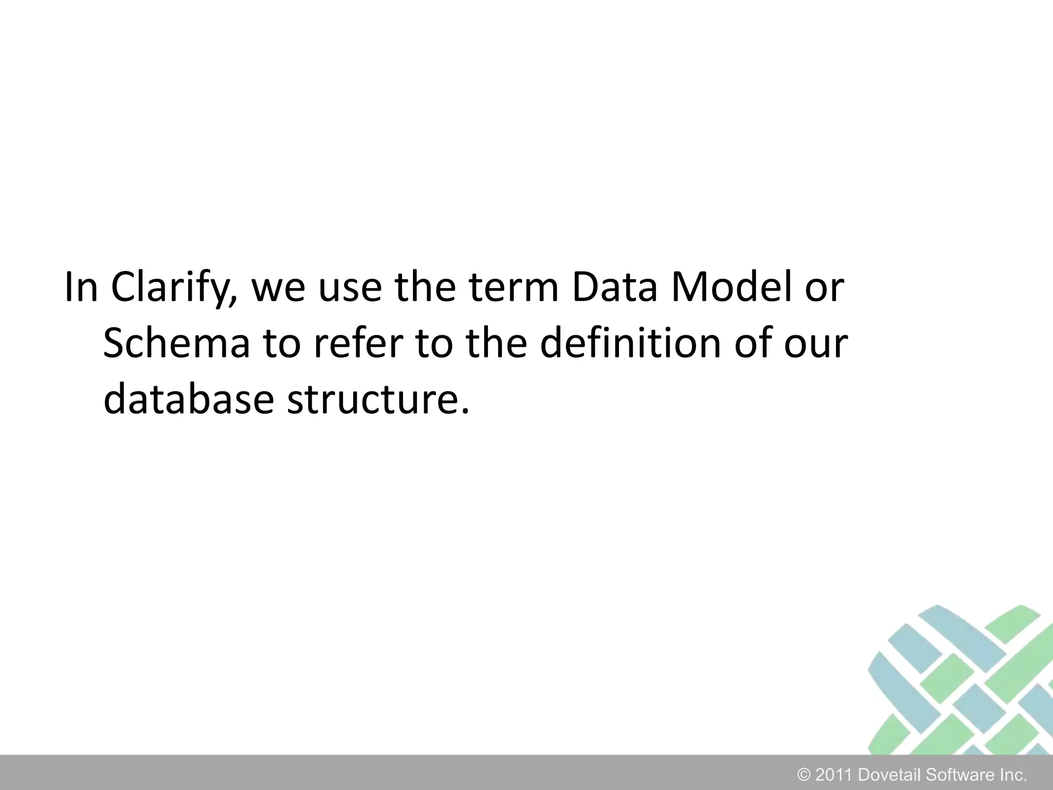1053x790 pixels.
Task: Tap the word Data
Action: coord(614,288)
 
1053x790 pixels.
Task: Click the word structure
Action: coord(378,400)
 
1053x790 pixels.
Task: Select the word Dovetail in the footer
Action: coord(889,775)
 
